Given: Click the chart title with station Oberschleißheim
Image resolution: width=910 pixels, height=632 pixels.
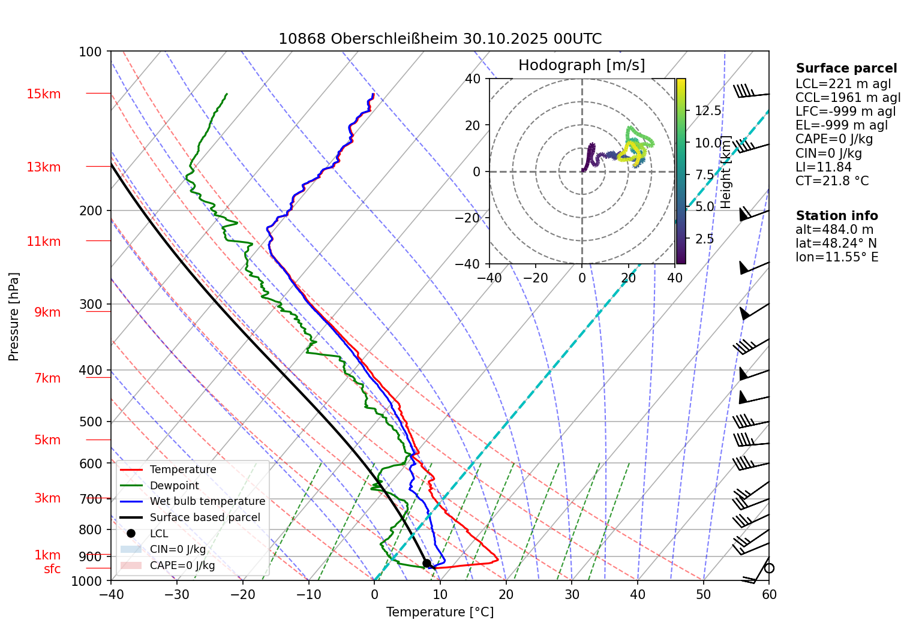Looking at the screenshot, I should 440,39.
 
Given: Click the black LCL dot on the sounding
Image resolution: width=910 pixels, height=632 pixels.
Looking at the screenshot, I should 427,563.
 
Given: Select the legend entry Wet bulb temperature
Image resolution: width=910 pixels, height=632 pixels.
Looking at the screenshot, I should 207,501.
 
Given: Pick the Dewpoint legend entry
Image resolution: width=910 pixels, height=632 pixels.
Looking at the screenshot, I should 174,486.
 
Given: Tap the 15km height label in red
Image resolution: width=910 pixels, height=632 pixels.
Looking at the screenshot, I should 43,94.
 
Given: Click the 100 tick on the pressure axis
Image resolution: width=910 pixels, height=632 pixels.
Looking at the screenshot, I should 91,52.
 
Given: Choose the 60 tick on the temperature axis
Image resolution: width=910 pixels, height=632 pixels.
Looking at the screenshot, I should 768,594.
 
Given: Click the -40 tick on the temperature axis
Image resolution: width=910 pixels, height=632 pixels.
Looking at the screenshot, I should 111,594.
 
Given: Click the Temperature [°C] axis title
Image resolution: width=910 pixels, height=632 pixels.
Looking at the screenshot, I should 440,612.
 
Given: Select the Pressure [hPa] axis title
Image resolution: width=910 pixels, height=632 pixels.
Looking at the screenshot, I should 14,317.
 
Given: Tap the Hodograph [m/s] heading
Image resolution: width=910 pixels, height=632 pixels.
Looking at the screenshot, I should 581,65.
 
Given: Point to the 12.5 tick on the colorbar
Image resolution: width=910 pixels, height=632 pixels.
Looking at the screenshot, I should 708,111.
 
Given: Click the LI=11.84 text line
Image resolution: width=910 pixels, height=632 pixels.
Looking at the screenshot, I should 823,167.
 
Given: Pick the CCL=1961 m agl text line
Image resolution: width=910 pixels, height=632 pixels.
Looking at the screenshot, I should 848,98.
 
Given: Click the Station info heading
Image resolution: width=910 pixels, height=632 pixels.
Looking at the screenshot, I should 836,216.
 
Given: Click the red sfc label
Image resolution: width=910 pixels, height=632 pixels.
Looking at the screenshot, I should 52,569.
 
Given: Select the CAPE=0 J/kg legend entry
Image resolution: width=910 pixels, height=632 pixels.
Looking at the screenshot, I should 182,565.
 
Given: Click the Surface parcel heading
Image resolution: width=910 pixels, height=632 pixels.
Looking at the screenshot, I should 846,68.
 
